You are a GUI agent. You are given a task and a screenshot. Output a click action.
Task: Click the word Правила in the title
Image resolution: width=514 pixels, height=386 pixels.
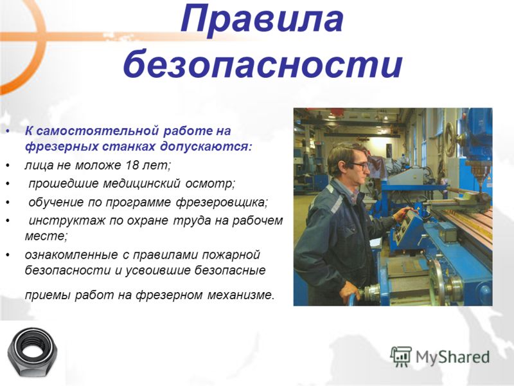262,19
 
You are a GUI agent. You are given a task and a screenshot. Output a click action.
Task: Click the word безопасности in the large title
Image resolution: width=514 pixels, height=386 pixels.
263,63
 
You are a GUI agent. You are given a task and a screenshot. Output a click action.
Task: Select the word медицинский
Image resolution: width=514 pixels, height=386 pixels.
141,183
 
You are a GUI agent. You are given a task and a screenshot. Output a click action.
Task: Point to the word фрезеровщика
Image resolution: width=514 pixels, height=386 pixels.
221,203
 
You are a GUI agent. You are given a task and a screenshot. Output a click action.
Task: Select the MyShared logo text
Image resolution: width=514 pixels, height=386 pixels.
452,357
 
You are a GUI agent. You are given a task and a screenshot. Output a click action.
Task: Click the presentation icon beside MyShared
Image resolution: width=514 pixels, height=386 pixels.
401,356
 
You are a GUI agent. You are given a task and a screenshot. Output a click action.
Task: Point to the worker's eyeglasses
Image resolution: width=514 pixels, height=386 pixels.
360,165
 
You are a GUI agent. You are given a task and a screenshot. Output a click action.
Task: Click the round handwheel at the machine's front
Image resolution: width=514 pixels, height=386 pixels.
437,282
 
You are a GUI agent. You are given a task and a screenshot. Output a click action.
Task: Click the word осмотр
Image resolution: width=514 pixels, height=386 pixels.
210,183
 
